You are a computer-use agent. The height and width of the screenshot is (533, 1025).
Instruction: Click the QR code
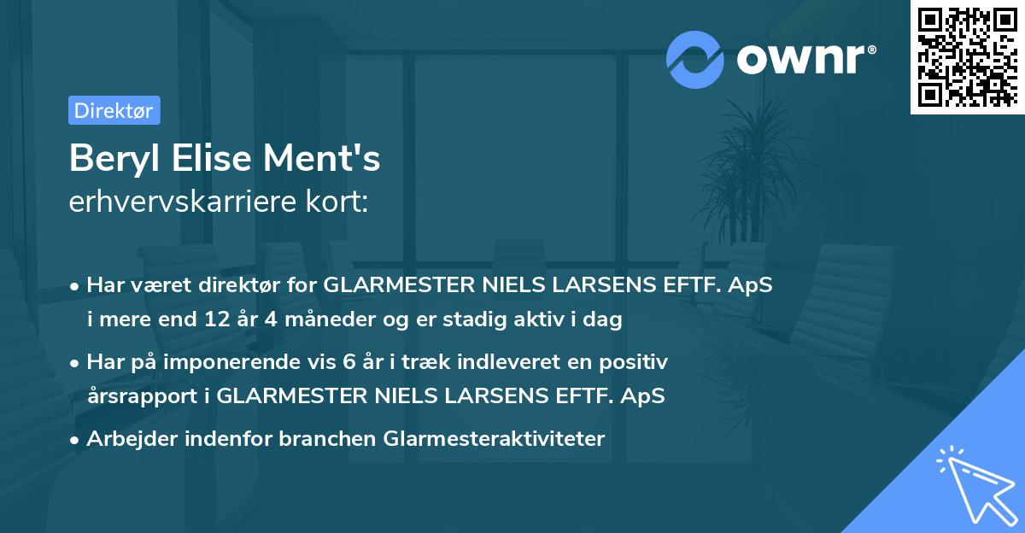click(x=968, y=56)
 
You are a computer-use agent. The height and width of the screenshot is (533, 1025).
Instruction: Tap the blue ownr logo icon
click(x=695, y=59)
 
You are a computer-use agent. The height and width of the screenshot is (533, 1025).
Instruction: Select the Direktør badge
click(x=114, y=110)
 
